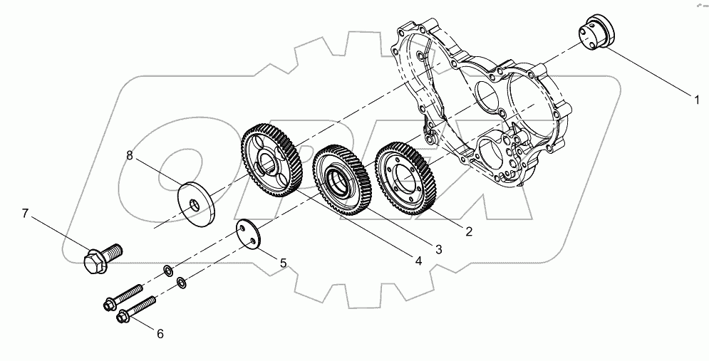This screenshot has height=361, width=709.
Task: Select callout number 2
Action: click(x=468, y=231)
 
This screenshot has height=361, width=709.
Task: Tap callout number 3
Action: click(x=439, y=248)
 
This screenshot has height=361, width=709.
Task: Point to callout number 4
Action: click(x=418, y=261)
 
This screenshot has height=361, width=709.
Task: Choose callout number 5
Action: click(x=283, y=263)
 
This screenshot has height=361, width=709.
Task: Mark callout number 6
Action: click(x=160, y=333)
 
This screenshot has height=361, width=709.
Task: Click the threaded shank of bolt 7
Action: click(x=114, y=250)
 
